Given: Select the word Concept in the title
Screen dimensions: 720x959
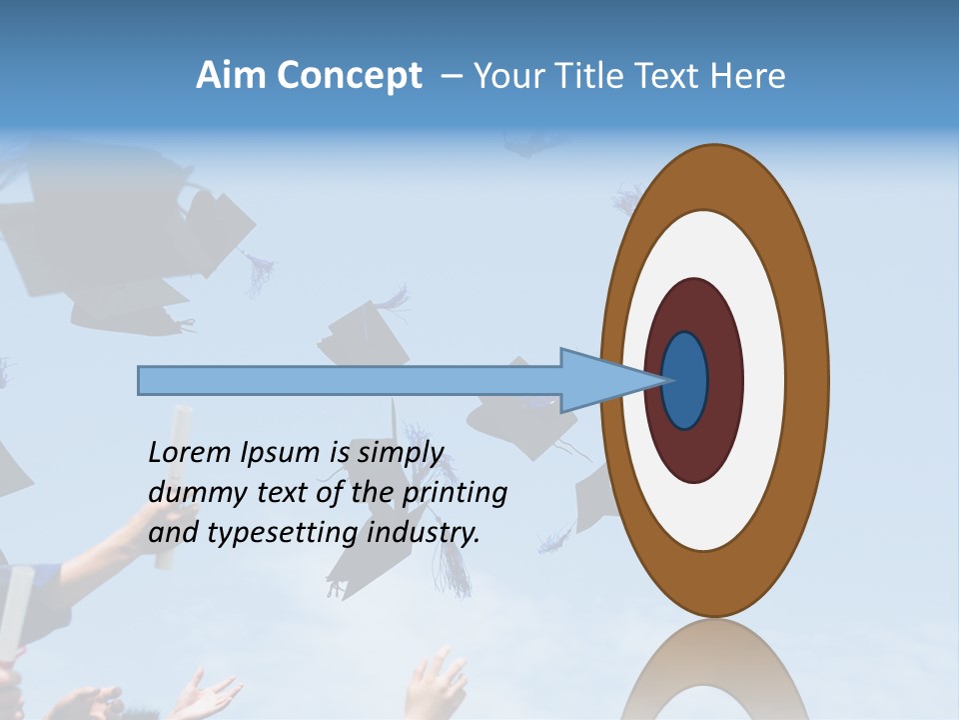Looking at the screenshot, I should (349, 77).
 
